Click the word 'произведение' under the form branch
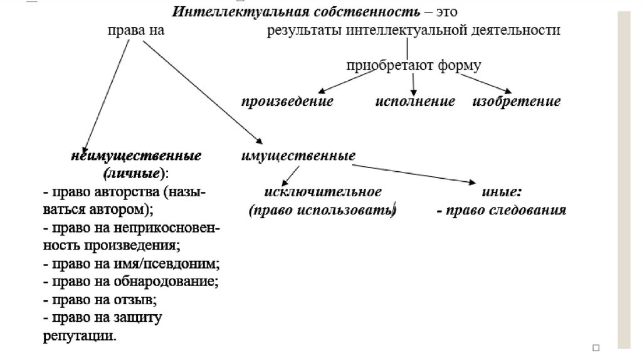pos(288,102)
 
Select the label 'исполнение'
pos(415,102)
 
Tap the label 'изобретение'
pos(516,102)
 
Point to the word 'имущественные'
pos(298,155)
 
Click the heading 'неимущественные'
pos(135,156)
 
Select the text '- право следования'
pos(502,210)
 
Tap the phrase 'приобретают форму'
pos(414,65)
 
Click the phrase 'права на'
pos(135,29)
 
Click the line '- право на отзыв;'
pos(99,299)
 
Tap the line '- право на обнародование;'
pos(130,281)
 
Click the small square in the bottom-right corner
pos(596,347)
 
